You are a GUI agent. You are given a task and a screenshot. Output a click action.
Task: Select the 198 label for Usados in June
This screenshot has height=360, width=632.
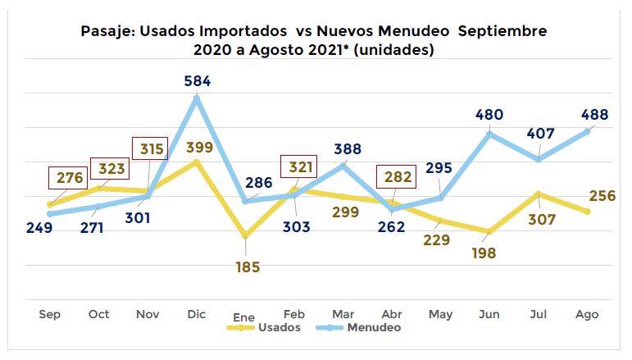point(484,253)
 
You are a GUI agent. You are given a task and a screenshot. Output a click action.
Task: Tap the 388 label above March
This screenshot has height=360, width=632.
point(344,149)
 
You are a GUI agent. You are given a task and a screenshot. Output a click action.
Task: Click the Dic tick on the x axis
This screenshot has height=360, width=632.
point(196,314)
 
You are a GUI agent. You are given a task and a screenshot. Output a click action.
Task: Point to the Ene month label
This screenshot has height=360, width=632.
point(244,317)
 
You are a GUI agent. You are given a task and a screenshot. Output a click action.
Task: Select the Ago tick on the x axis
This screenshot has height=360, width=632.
point(587,314)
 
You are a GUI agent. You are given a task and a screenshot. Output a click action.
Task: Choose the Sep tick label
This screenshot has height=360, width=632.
point(50,314)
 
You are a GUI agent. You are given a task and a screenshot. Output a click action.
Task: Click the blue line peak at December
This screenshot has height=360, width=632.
point(197,98)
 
